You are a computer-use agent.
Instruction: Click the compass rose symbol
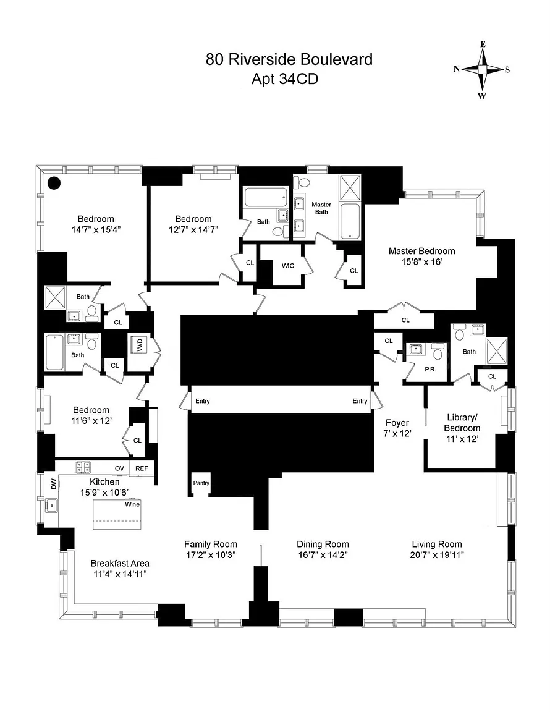[482, 69]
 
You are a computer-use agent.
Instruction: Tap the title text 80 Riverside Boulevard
[289, 59]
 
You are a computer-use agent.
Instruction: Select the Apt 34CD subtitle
[285, 79]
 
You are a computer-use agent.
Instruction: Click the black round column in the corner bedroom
[54, 182]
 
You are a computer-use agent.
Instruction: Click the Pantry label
[201, 483]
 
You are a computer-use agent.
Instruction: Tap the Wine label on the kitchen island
[132, 504]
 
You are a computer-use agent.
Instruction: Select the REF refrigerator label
[142, 468]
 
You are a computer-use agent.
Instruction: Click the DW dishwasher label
[54, 484]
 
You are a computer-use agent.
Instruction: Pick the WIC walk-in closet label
[288, 266]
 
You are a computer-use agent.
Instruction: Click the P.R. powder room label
[431, 369]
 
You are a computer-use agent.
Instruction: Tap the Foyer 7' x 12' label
[397, 428]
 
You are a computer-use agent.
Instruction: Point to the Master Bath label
[321, 208]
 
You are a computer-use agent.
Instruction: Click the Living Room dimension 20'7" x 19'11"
[437, 554]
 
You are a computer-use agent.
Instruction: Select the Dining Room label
[323, 544]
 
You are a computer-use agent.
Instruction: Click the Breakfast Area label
[120, 563]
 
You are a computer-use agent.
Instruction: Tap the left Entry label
[203, 401]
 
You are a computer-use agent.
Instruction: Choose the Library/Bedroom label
[462, 423]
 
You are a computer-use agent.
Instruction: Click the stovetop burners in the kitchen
[83, 467]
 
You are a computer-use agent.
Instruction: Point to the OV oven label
[119, 468]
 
